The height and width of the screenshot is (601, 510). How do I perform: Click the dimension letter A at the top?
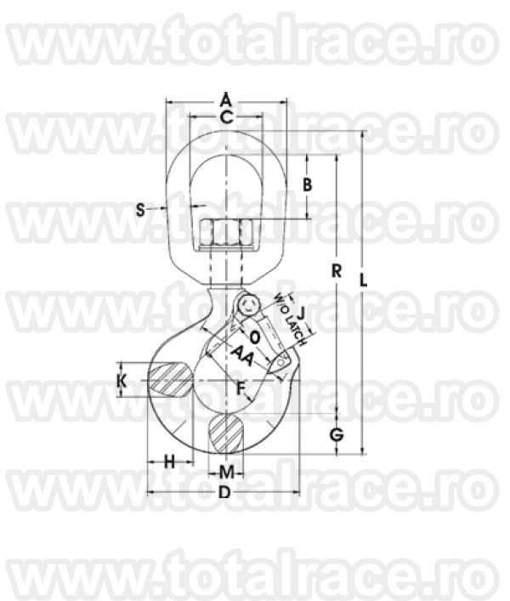[226, 96]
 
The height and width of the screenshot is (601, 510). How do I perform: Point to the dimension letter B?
[309, 184]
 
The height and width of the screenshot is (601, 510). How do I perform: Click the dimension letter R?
[337, 271]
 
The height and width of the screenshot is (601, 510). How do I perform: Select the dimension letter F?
[241, 388]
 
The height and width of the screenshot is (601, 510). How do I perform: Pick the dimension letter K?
[122, 381]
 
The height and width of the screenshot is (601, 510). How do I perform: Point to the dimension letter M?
[226, 471]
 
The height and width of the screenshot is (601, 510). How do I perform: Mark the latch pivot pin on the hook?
[247, 304]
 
